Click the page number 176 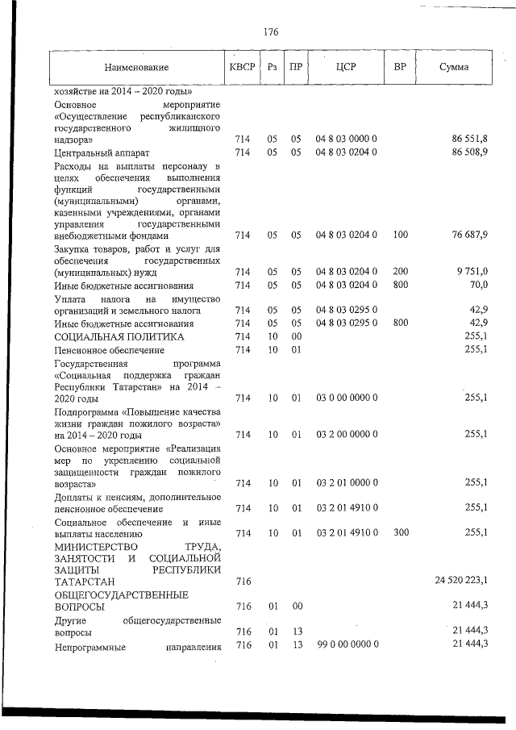coord(271,32)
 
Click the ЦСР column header coord(346,68)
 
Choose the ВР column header coord(400,68)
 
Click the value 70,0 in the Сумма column coord(476,286)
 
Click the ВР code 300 coord(401,532)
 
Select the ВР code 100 coord(401,236)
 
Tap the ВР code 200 coord(401,273)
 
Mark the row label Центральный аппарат coord(102,152)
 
